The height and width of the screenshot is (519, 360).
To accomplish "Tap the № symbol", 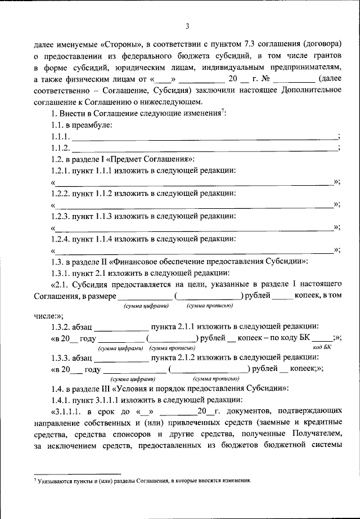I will pos(278,79).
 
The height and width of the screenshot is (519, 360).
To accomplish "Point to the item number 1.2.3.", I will pos(62,216).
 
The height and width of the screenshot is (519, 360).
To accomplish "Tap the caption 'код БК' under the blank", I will pos(322,349).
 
